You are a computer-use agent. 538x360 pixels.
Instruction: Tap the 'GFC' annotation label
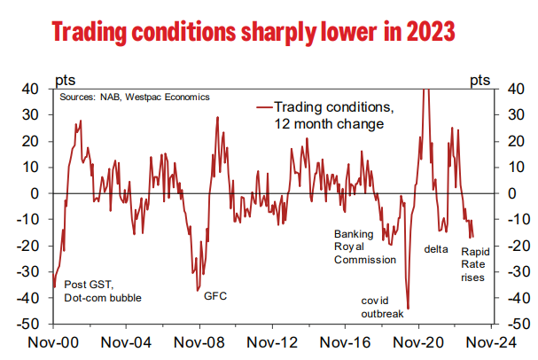click(214, 296)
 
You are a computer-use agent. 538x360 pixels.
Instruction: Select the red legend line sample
click(262, 106)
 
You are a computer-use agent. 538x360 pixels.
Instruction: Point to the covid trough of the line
click(407, 308)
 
